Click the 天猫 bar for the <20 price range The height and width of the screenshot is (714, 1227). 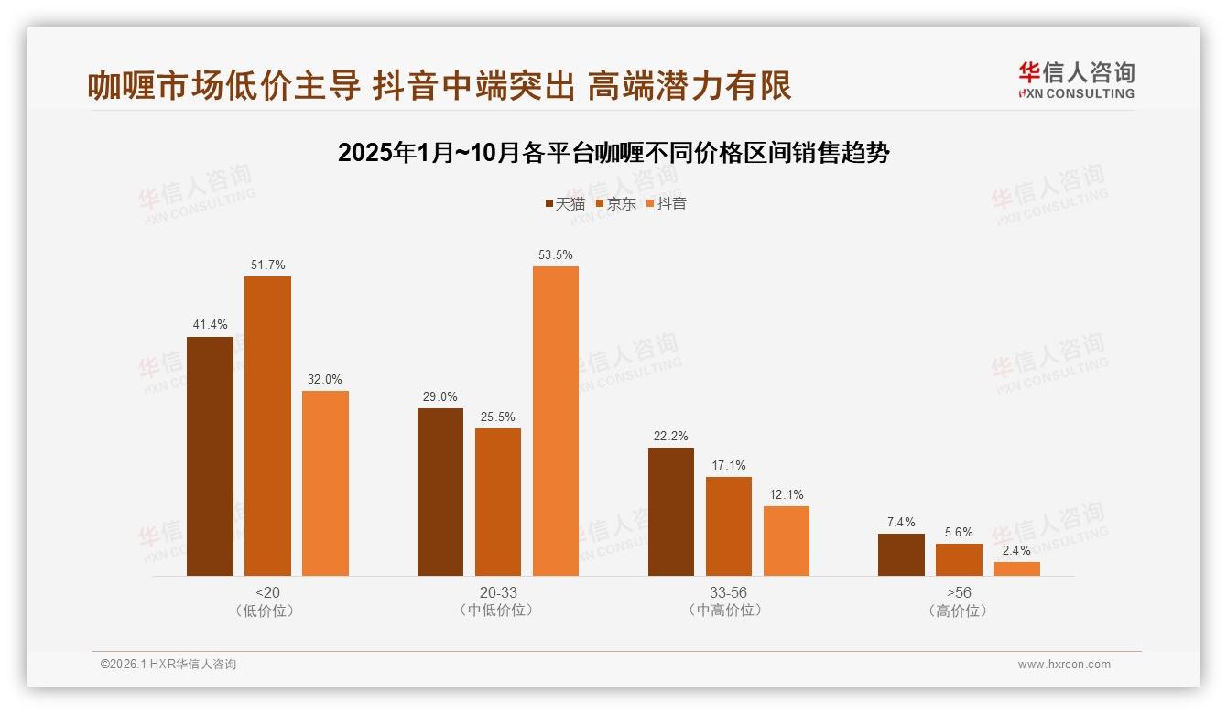click(x=210, y=456)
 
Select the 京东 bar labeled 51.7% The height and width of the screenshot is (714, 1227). click(x=267, y=426)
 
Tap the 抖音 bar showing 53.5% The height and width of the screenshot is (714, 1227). click(x=556, y=421)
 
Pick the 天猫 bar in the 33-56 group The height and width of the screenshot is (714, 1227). click(x=671, y=512)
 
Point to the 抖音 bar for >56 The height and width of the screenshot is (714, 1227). click(x=1016, y=568)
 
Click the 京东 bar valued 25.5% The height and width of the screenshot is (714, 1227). click(x=498, y=502)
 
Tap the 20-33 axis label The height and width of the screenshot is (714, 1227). click(x=498, y=592)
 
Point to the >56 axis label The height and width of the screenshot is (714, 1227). click(x=959, y=592)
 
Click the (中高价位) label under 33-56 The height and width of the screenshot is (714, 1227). click(x=728, y=611)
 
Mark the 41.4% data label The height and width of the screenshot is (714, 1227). click(x=210, y=325)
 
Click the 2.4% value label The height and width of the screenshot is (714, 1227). click(x=1016, y=550)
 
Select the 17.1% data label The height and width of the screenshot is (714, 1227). click(x=729, y=465)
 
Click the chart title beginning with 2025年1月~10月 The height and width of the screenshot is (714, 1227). click(x=613, y=153)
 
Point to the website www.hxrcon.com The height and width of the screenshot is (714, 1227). click(x=1064, y=665)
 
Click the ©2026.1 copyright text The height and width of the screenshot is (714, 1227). click(x=168, y=665)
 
